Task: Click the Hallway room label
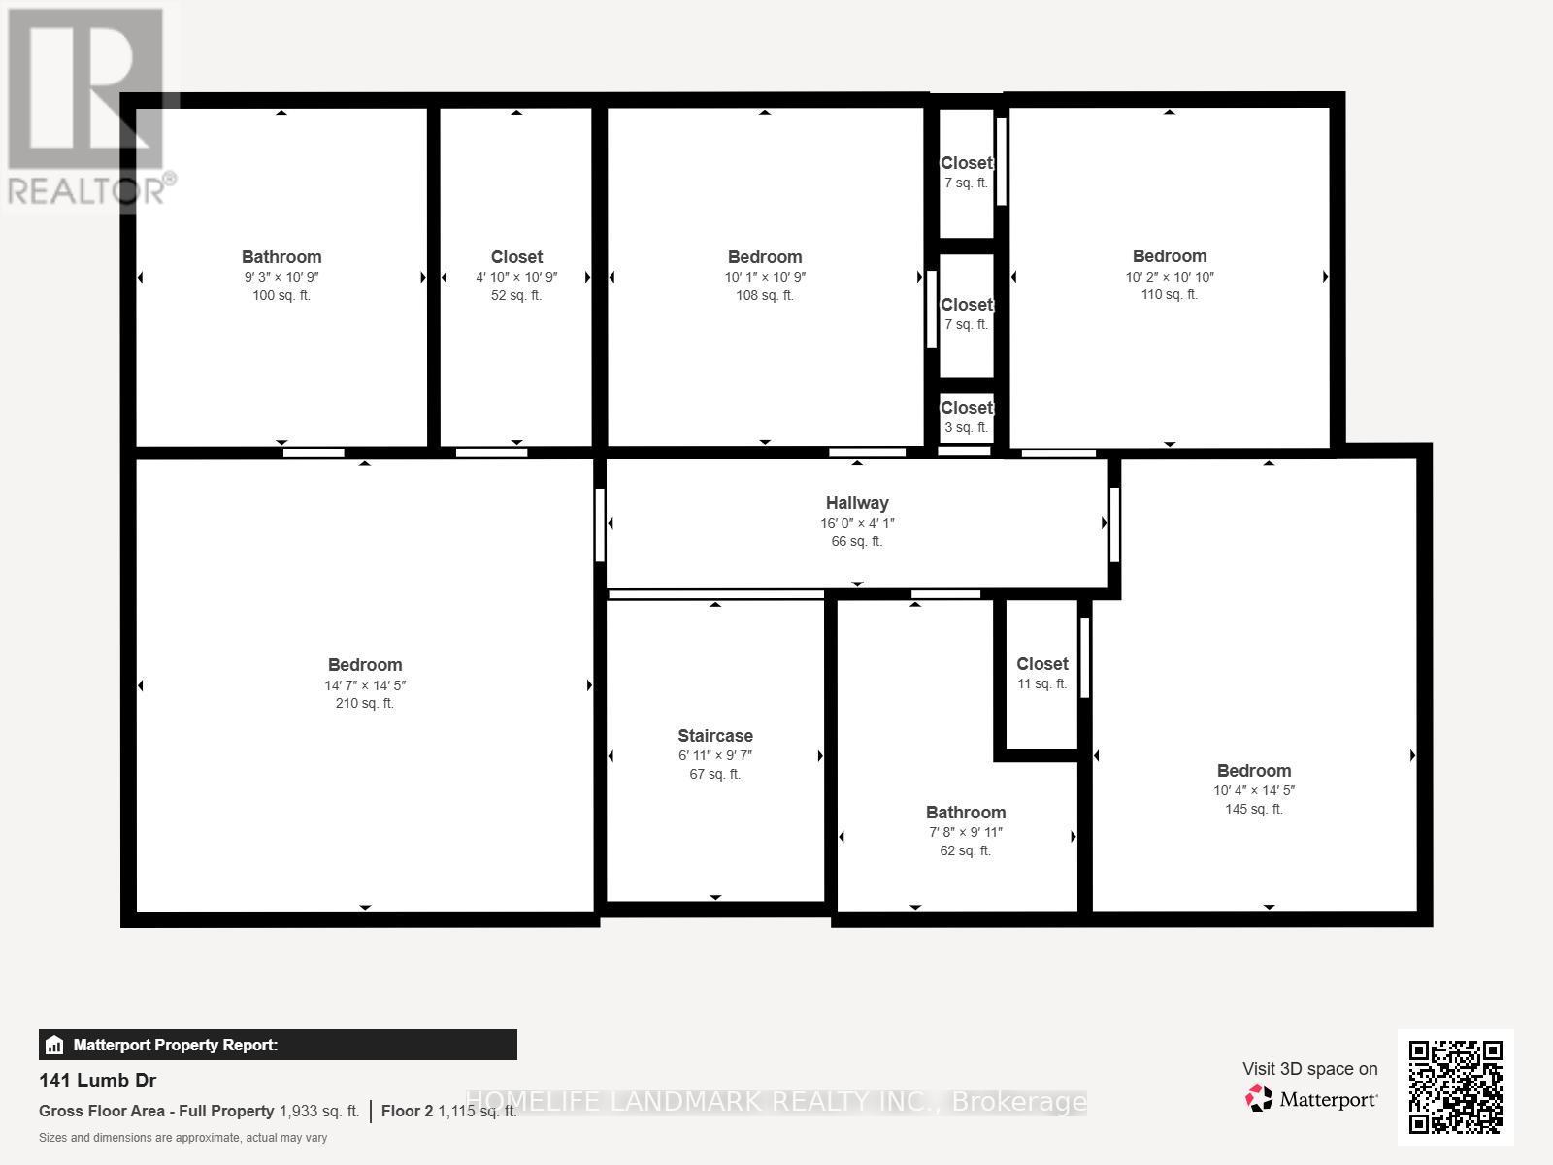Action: click(857, 503)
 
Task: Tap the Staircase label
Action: click(715, 736)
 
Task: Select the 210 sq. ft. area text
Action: click(365, 704)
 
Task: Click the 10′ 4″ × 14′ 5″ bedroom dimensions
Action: click(1254, 791)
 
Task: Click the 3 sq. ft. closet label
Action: click(967, 408)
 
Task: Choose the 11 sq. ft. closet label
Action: click(1042, 664)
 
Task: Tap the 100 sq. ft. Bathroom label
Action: click(281, 257)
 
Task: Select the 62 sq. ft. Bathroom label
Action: click(966, 813)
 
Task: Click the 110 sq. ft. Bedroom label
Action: click(1170, 256)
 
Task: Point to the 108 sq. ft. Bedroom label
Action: click(765, 257)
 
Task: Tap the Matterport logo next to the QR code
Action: click(1311, 1099)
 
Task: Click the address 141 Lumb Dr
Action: click(97, 1081)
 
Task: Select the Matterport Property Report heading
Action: click(176, 1046)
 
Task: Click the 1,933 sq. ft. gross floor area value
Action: click(319, 1112)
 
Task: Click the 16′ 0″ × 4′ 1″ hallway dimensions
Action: click(857, 523)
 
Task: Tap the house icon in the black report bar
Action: click(54, 1046)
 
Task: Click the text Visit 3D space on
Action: click(1309, 1069)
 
